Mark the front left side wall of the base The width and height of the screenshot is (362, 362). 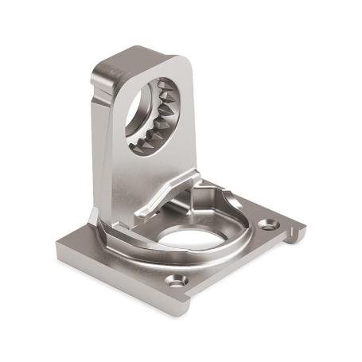(119, 286)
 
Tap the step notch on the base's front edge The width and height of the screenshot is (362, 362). (195, 296)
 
